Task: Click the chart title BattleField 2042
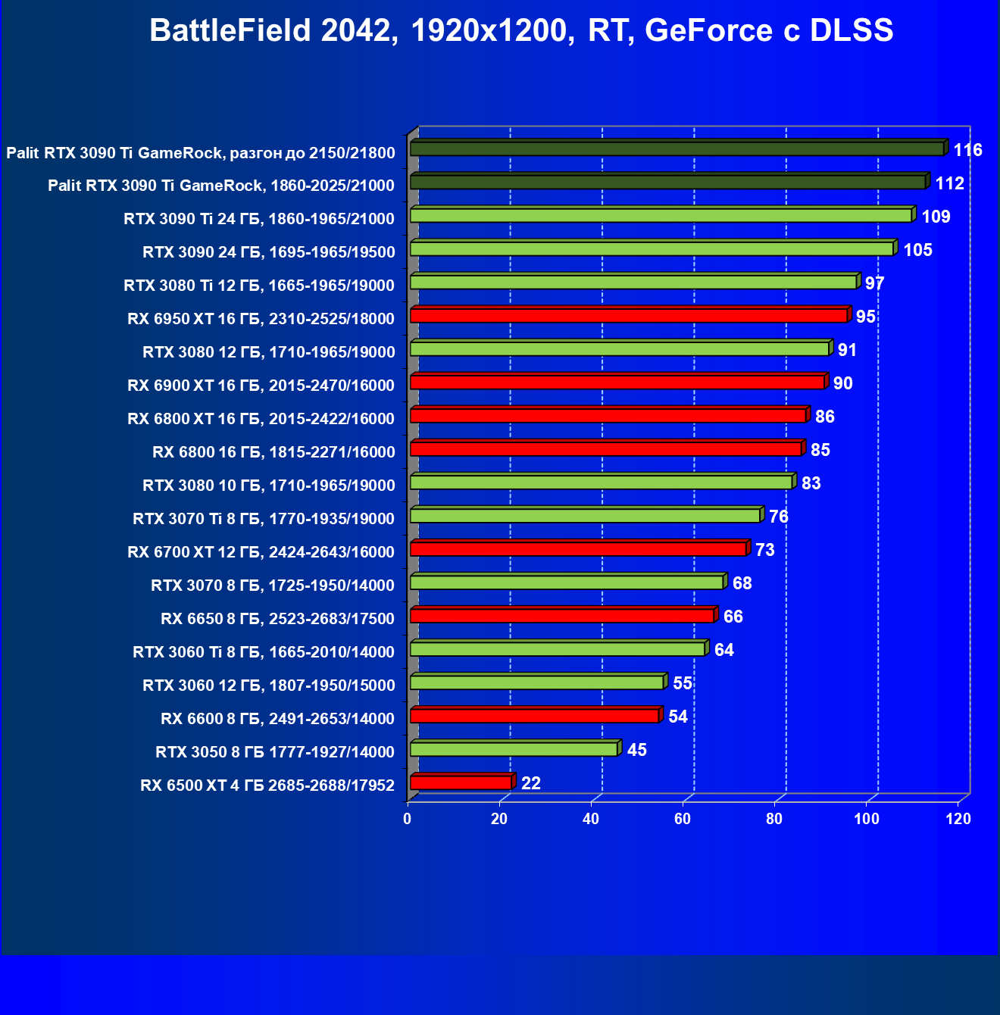521,31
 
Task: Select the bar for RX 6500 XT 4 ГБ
461,782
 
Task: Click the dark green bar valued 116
677,148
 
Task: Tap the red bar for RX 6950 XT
629,315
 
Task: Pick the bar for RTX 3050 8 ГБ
514,749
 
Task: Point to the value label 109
936,217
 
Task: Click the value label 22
531,783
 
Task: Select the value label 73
764,550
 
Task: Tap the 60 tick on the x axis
683,819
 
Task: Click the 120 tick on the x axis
958,819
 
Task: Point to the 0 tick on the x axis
408,819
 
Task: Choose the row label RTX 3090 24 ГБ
268,252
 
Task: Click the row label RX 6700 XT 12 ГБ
261,552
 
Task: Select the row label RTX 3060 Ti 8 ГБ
263,652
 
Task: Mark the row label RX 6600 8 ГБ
277,719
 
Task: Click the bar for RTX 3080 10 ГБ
601,482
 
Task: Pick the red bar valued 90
617,382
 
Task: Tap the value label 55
683,683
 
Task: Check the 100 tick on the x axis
867,819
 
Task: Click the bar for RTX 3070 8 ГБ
567,582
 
